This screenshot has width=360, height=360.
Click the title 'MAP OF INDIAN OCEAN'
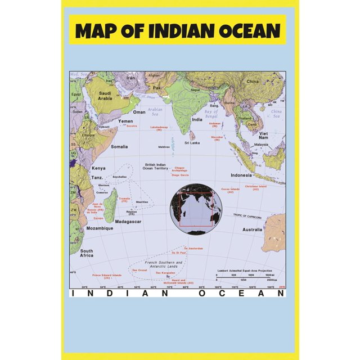tap(177, 30)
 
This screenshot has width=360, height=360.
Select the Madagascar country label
tap(128, 222)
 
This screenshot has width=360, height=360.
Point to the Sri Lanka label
tap(192, 143)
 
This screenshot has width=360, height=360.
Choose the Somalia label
tap(119, 147)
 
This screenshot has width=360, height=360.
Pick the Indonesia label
tap(241, 175)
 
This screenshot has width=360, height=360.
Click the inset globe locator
tap(196, 209)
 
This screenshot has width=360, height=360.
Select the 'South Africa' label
tap(87, 254)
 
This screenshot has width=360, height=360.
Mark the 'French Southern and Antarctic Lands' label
tap(164, 265)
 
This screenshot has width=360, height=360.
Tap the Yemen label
tap(125, 121)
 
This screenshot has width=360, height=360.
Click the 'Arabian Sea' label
tap(155, 112)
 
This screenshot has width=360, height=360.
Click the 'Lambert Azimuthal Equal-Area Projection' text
tap(249, 270)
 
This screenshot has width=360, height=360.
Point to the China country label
tap(253, 82)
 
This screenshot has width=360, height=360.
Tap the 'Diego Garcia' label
tap(180, 175)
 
